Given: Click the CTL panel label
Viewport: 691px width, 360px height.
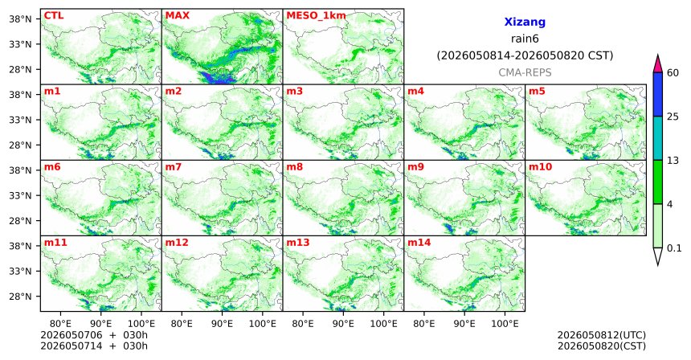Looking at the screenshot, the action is [54, 15].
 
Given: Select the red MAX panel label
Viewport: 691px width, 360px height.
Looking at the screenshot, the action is [178, 15].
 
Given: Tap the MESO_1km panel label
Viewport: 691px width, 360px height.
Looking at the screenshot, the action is [317, 16].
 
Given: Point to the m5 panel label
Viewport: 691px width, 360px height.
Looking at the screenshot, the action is [537, 92].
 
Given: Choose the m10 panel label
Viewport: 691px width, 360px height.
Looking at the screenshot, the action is [540, 167].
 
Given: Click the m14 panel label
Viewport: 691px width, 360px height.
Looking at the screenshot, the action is [419, 243].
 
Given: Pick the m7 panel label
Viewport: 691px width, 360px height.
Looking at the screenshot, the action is [174, 167].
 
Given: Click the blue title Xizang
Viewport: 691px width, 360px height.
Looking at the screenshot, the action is [525, 22].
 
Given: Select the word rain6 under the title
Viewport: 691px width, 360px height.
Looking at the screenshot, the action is [525, 39].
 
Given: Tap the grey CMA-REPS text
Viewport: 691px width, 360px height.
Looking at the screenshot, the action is [525, 72].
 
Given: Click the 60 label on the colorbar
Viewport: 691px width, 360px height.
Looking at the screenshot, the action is [673, 73].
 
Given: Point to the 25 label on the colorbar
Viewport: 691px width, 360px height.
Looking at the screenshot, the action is [673, 117].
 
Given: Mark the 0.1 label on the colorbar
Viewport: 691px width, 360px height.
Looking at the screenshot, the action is [674, 248].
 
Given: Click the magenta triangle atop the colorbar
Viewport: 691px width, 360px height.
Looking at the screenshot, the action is [658, 63].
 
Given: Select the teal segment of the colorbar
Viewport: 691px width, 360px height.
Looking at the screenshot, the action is [658, 138].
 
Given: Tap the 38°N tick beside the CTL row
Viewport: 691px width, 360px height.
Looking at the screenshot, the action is [21, 19].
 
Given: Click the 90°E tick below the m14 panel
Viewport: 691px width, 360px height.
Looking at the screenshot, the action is [464, 324].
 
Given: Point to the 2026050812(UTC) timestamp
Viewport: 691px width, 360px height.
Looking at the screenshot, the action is [602, 336].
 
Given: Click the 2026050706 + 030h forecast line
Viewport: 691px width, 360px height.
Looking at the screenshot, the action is [94, 335].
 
